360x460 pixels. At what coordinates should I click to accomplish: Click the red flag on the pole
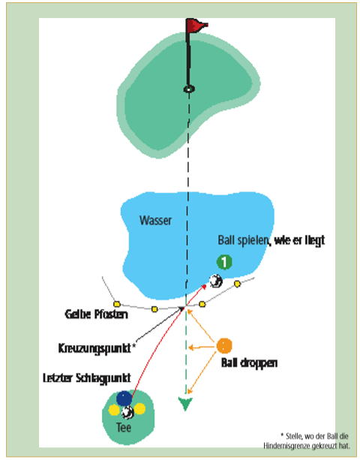point(196,26)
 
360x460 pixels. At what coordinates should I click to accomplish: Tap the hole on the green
point(189,89)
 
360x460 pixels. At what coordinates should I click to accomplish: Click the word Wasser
point(155,221)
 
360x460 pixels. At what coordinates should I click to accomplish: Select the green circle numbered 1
point(224,262)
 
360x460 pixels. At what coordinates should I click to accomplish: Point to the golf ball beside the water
point(216,281)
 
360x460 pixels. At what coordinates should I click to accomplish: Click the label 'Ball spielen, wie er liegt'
point(271,240)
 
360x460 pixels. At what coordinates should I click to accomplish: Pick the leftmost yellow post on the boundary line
point(117,304)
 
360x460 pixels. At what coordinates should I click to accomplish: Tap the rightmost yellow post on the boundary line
point(238,284)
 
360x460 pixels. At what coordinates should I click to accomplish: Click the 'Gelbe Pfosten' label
point(96,314)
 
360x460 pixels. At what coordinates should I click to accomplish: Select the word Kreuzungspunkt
point(94,348)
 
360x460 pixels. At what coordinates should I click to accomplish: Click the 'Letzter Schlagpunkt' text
point(87,378)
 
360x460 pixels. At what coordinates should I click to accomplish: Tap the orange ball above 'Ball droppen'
point(224,346)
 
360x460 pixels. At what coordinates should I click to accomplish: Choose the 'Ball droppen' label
point(249,363)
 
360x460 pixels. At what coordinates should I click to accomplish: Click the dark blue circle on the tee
point(124,398)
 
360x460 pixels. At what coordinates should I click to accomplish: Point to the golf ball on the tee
point(127,413)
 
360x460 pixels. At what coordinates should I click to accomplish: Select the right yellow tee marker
point(139,409)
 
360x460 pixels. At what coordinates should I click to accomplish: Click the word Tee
point(124,428)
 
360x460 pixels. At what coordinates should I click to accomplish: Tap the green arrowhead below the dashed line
point(185,404)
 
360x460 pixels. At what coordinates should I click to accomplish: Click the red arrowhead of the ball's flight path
point(204,287)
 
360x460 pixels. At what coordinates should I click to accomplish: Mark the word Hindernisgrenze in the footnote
point(287,446)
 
